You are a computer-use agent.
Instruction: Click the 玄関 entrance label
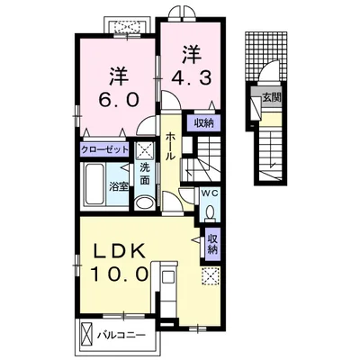(x=272, y=97)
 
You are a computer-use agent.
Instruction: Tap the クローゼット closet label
(x=104, y=149)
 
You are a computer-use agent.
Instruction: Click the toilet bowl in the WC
(x=211, y=211)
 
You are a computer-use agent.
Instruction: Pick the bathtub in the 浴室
(x=94, y=184)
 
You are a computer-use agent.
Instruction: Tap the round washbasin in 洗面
(x=144, y=202)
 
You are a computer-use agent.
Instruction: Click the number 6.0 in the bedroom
(x=119, y=99)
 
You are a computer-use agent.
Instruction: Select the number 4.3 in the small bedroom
(x=191, y=78)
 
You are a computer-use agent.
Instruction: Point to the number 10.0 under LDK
(x=120, y=273)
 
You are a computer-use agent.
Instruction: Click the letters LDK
(x=120, y=252)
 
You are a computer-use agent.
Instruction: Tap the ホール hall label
(x=170, y=146)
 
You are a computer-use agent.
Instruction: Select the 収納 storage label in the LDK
(x=212, y=244)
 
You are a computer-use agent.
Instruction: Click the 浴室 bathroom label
(x=119, y=186)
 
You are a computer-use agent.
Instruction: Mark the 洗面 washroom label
(x=145, y=175)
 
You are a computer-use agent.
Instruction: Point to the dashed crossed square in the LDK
(x=210, y=275)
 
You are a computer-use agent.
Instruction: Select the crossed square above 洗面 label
(x=145, y=150)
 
